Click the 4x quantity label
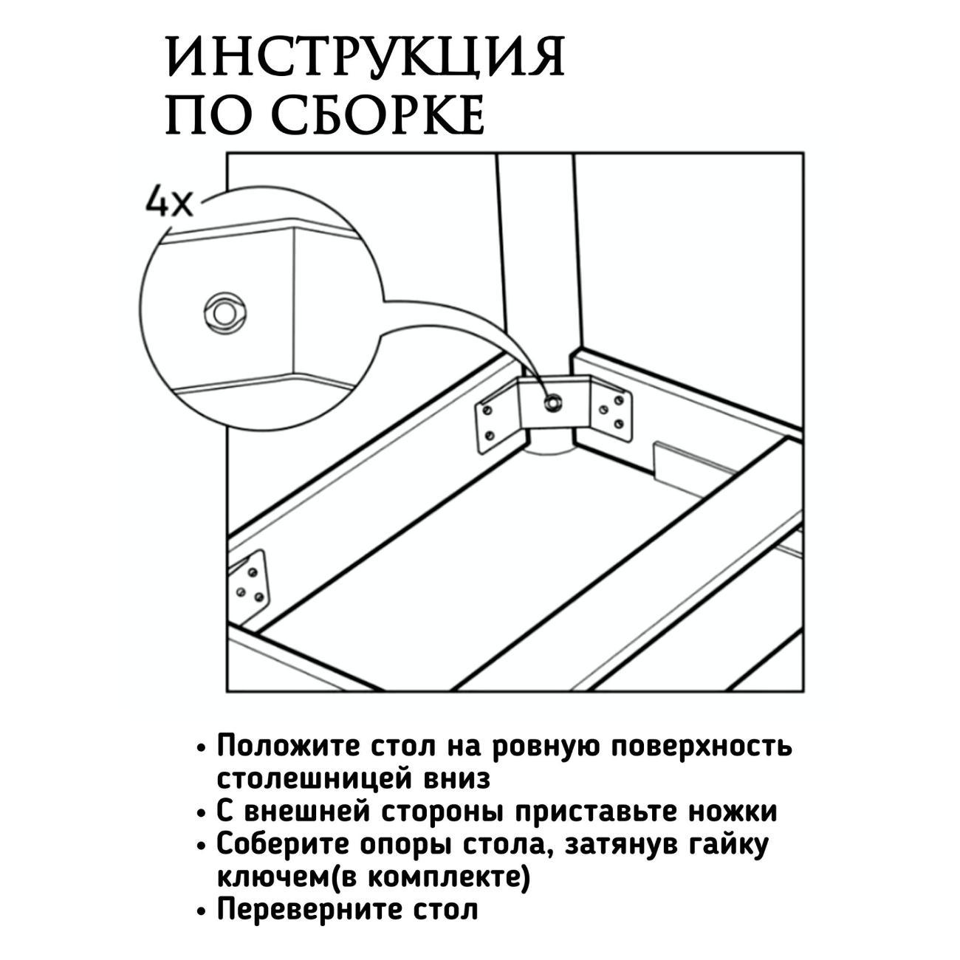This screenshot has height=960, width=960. tap(168, 202)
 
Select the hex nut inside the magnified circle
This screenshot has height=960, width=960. tap(224, 313)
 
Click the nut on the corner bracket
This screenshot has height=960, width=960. tap(552, 401)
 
